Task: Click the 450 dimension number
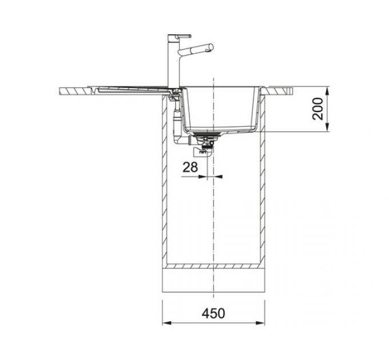tap(213, 313)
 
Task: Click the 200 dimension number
tap(318, 109)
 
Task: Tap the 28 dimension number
tap(190, 167)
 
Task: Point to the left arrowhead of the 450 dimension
tap(166, 323)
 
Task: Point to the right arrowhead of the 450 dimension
tap(260, 323)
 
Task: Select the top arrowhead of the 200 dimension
tap(327, 91)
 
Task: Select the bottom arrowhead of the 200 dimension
tap(327, 127)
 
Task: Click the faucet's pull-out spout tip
tap(211, 47)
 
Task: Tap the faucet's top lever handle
tap(184, 36)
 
